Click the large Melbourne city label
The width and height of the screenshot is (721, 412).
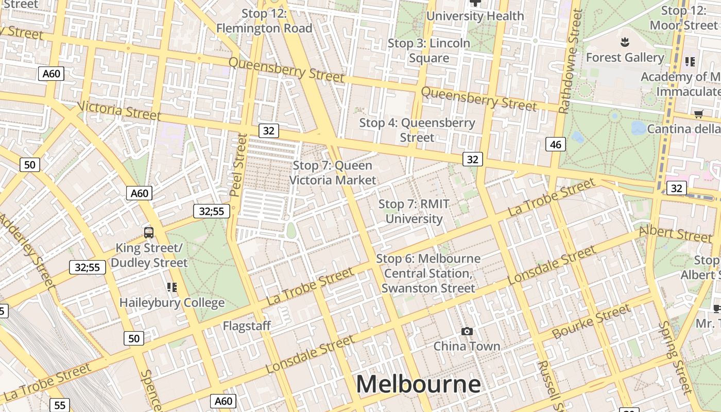[x=418, y=384]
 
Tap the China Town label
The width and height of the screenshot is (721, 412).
[x=467, y=346]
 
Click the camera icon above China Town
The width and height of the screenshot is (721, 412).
[x=467, y=331]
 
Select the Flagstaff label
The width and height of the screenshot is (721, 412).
[x=247, y=326]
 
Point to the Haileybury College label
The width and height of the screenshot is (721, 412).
[x=172, y=302]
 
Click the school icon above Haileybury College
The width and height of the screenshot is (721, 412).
[x=172, y=287]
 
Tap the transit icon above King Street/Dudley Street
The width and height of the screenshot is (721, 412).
[x=149, y=233]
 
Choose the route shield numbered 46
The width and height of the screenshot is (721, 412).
[x=555, y=144]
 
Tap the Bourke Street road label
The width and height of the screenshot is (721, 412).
[x=591, y=321]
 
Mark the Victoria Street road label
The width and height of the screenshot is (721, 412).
[x=119, y=110]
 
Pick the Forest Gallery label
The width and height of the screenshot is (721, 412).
[x=625, y=58]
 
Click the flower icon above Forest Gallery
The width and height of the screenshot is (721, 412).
[x=625, y=41]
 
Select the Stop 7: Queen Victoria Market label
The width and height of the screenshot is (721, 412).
[x=333, y=173]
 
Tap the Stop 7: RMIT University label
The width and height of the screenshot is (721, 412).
[x=414, y=212]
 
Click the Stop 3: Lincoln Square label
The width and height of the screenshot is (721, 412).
[x=429, y=50]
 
